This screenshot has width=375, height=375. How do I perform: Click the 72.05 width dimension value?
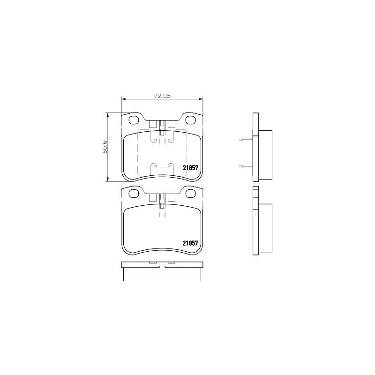[161, 96]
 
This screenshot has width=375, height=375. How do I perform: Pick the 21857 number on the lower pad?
[191, 243]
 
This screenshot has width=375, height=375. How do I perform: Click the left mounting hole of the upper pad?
[134, 120]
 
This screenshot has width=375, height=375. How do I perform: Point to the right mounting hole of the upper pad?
[191, 120]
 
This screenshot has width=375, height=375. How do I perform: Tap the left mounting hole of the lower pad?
[134, 193]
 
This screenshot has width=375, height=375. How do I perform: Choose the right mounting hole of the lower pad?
[191, 193]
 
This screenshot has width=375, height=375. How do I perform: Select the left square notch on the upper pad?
[152, 125]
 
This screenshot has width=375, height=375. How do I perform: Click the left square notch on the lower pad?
[152, 198]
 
